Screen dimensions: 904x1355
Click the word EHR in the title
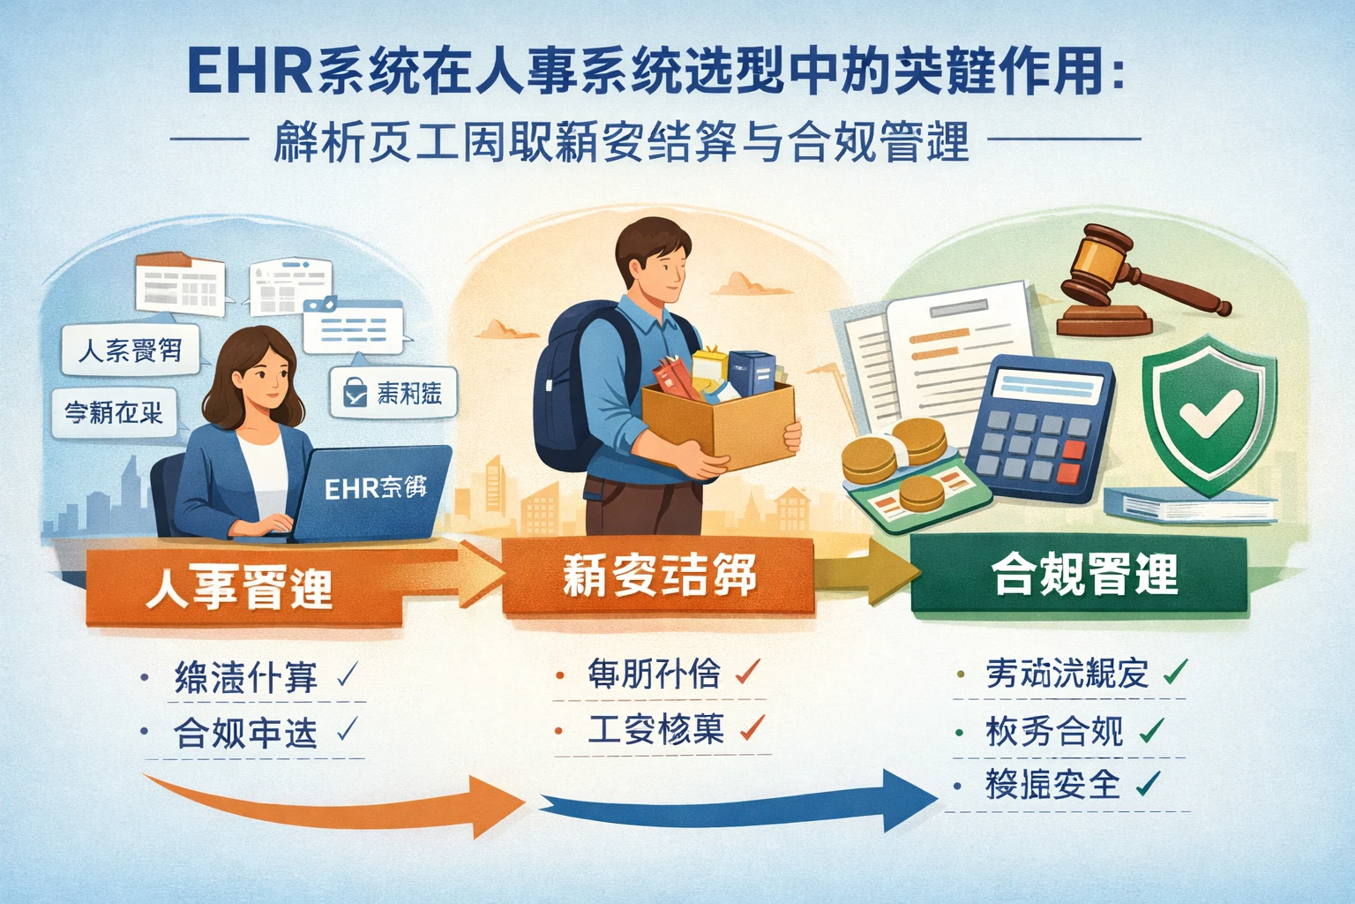point(250,72)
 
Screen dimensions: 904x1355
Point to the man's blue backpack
point(574,371)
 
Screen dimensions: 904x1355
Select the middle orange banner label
point(657,576)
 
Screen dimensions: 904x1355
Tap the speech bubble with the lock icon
point(393,392)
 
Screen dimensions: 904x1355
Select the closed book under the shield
point(1191,505)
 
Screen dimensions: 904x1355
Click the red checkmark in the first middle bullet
point(747,674)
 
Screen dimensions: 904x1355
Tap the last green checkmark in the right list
point(1147,783)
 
